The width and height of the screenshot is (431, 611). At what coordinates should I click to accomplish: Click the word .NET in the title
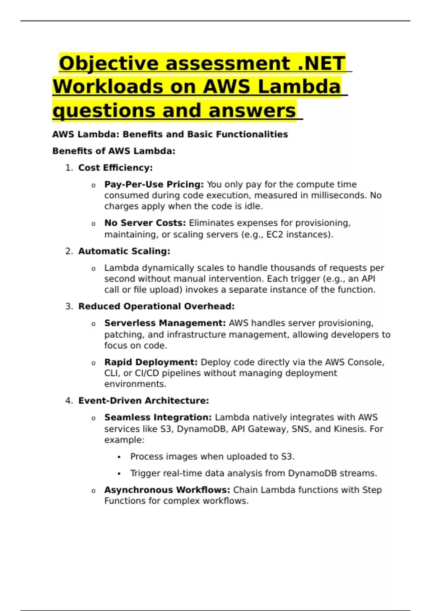(321, 64)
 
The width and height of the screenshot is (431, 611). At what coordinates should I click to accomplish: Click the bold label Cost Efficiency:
(115, 168)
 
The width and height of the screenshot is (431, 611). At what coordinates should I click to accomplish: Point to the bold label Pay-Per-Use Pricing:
(154, 184)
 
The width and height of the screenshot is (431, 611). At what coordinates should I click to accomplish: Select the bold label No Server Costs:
(145, 223)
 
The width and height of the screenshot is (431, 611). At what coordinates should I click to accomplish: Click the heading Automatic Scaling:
(124, 251)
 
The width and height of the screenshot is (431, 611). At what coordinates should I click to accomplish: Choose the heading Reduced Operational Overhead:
(156, 307)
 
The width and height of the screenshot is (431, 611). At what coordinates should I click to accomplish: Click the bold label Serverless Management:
(165, 323)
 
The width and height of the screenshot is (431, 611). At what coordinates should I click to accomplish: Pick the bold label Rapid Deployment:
(151, 362)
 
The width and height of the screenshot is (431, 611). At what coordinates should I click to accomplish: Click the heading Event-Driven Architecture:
(143, 401)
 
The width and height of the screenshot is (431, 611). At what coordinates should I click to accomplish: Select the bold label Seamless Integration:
(158, 418)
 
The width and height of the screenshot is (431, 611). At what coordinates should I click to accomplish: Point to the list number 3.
(69, 307)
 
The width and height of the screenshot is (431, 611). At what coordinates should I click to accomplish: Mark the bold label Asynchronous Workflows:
(167, 490)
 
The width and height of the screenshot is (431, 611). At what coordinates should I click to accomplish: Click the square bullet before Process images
(119, 457)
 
